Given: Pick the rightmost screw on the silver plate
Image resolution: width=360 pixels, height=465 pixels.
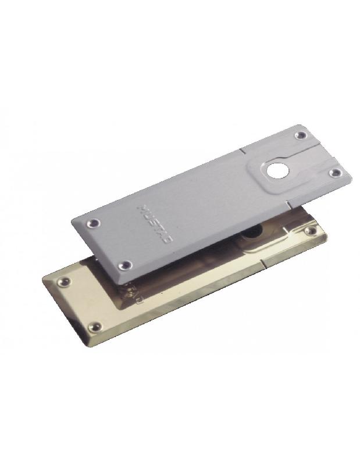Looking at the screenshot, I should (334, 174).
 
